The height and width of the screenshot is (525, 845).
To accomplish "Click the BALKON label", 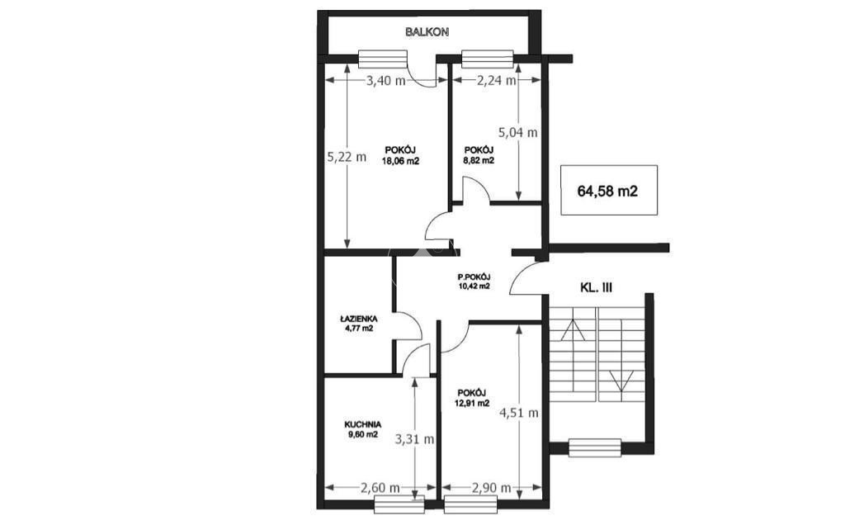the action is pyautogui.click(x=427, y=32).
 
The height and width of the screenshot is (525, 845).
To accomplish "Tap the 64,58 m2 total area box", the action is pyautogui.click(x=609, y=190).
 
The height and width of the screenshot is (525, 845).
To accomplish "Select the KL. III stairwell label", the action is pyautogui.click(x=596, y=288).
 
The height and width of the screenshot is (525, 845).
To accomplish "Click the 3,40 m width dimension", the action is pyautogui.click(x=386, y=82).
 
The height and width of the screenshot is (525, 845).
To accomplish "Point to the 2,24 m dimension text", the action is pyautogui.click(x=497, y=81).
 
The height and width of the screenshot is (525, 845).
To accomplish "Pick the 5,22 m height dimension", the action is pyautogui.click(x=347, y=157).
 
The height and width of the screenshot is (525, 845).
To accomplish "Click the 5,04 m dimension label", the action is pyautogui.click(x=518, y=132).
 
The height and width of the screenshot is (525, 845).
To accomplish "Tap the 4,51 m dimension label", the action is pyautogui.click(x=519, y=414).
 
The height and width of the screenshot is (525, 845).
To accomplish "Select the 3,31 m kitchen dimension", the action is pyautogui.click(x=414, y=439).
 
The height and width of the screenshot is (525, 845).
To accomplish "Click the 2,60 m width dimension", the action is pyautogui.click(x=380, y=488).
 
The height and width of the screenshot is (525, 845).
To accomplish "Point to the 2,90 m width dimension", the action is pyautogui.click(x=491, y=488).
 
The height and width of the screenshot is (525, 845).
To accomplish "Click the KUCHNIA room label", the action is pyautogui.click(x=363, y=425).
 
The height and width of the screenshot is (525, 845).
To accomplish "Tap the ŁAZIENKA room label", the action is pyautogui.click(x=358, y=319).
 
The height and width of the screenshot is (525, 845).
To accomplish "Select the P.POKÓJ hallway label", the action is pyautogui.click(x=474, y=277).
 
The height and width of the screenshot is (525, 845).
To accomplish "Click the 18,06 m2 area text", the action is pyautogui.click(x=400, y=160).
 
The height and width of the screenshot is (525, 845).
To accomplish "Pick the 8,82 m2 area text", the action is pyautogui.click(x=479, y=160).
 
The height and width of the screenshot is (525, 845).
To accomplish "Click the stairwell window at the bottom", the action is pyautogui.click(x=594, y=447).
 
